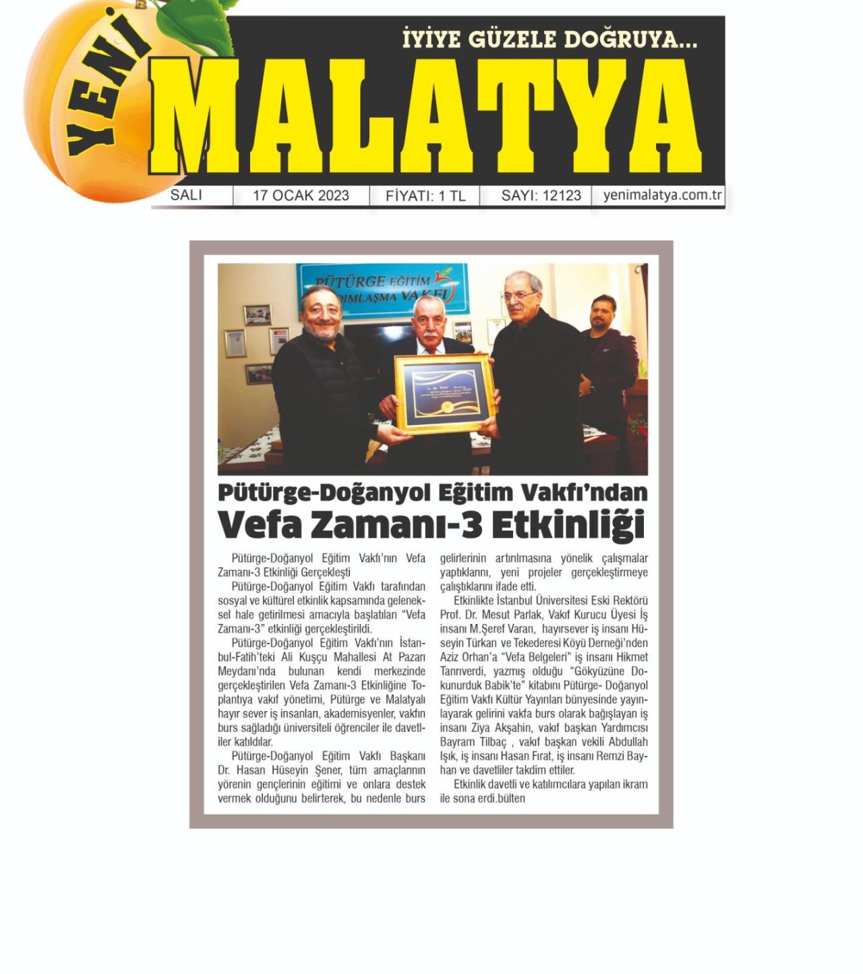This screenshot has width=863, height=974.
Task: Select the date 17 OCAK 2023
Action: pyautogui.click(x=301, y=196)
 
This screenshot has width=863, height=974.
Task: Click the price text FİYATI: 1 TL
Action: pyautogui.click(x=425, y=196)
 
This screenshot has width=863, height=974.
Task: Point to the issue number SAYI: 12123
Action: pyautogui.click(x=541, y=196)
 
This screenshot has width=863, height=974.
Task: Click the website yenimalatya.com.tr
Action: pyautogui.click(x=662, y=196)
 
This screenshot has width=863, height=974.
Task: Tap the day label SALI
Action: pyautogui.click(x=185, y=195)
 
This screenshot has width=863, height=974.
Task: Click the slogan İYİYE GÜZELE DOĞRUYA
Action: pyautogui.click(x=549, y=40)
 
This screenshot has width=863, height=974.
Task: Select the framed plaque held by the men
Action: pyautogui.click(x=445, y=393)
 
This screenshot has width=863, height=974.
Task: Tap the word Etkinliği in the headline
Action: pyautogui.click(x=568, y=525)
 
